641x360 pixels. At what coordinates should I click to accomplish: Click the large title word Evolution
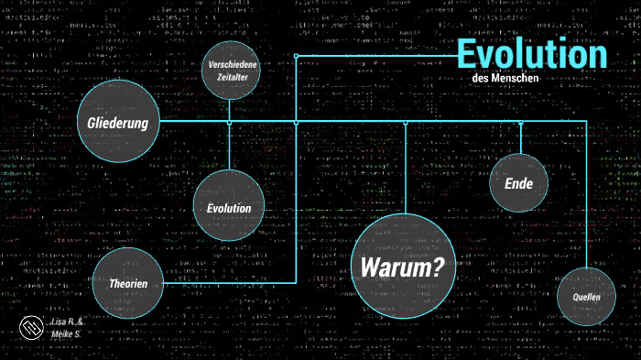532,54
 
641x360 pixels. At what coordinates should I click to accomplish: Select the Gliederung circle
118,122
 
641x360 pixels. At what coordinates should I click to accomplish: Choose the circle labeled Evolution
228,205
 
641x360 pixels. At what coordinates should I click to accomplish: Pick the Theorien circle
128,282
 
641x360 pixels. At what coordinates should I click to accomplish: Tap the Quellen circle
586,297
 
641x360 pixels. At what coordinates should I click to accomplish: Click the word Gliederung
118,123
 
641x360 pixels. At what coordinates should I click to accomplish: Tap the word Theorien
128,284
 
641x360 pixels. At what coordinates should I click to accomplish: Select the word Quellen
586,298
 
